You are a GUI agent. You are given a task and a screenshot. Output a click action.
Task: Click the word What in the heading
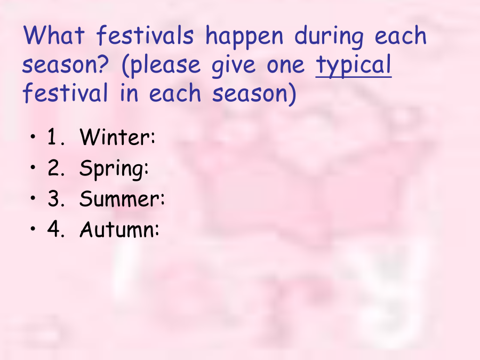(x=53, y=35)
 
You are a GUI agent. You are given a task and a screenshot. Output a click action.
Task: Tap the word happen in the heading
(x=244, y=37)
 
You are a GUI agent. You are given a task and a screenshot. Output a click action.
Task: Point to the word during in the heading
(x=329, y=37)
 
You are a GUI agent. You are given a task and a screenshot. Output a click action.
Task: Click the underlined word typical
(x=354, y=66)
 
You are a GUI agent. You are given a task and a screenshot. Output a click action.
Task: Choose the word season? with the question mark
(x=65, y=64)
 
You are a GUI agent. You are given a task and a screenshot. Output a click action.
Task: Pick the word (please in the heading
(x=161, y=66)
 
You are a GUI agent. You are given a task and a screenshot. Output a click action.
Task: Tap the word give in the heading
(x=234, y=66)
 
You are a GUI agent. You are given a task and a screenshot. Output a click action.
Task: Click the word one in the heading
(x=286, y=66)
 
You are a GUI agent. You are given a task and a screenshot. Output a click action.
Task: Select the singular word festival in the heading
(x=65, y=92)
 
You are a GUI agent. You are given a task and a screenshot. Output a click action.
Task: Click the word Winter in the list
(x=117, y=137)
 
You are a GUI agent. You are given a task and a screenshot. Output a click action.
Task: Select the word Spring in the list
(x=114, y=169)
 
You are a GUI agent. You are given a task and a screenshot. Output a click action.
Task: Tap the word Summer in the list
(x=122, y=198)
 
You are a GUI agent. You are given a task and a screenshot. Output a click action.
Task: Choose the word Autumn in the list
(x=119, y=229)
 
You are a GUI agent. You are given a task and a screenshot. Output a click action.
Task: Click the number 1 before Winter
(x=52, y=137)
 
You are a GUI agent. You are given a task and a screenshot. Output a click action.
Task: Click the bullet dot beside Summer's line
(x=33, y=198)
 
